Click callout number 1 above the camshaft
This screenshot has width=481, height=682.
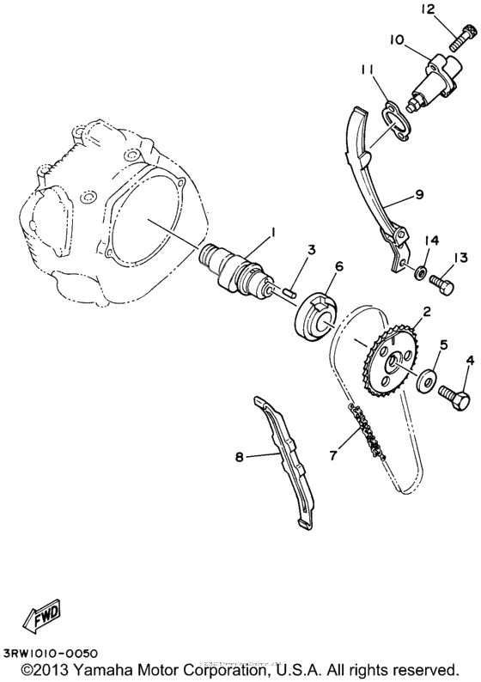click(x=273, y=231)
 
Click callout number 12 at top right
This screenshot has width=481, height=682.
click(x=451, y=9)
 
